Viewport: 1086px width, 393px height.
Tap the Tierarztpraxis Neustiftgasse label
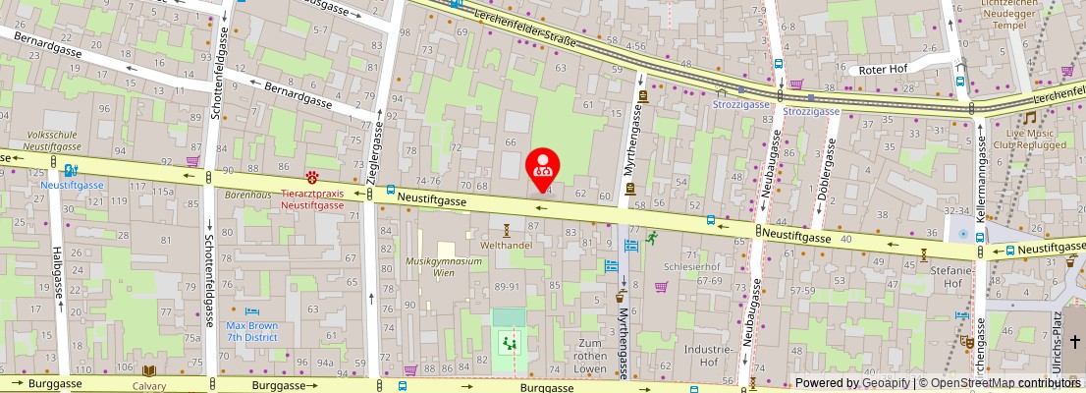tap(312, 199)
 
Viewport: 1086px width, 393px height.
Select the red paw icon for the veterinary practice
tap(312, 177)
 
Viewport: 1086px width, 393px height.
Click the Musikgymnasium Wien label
tap(445, 267)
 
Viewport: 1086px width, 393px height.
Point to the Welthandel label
tap(506, 245)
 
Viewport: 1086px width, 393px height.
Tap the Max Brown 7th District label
tap(251, 331)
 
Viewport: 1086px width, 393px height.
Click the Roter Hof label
tap(883, 70)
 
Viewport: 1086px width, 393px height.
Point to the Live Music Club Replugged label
tap(1028, 139)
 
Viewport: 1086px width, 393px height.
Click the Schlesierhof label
tap(692, 266)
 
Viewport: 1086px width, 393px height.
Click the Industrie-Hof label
tap(709, 356)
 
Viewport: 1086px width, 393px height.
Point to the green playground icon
tap(509, 343)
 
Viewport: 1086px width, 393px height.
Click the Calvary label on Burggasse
tap(149, 386)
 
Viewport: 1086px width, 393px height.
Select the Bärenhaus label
tap(247, 196)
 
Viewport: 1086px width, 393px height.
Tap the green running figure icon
tap(650, 238)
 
